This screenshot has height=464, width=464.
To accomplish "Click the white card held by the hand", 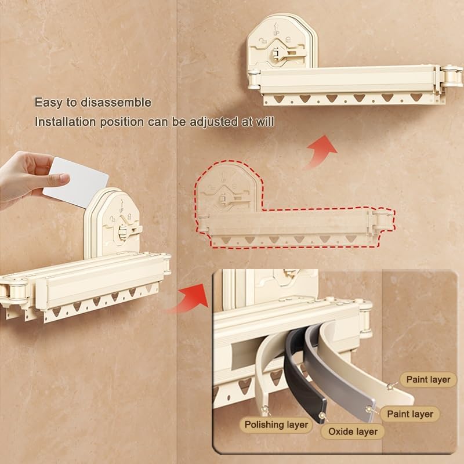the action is [77, 182].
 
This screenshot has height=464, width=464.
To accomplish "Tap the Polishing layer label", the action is [276, 425].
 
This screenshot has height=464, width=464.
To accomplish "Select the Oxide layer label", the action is [353, 432].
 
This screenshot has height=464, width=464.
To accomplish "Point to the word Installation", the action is [65, 122].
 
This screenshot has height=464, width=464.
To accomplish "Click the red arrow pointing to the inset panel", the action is [190, 299].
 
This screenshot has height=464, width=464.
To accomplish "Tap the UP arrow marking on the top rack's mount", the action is [276, 29].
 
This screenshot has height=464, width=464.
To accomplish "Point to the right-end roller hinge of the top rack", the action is [451, 76].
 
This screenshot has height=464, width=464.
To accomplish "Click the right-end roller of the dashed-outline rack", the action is [383, 220].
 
